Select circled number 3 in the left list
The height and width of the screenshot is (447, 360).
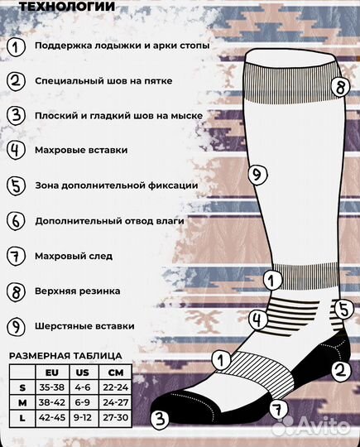17,116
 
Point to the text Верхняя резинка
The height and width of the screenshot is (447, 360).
78,291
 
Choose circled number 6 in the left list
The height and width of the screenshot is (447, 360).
17,221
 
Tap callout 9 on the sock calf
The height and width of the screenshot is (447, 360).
257,174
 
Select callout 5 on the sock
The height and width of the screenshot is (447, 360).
343,309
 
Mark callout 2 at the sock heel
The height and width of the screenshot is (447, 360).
338,371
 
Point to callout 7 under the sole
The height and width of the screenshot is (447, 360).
278,407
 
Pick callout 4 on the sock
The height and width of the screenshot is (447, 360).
258,317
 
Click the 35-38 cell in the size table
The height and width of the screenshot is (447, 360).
54,387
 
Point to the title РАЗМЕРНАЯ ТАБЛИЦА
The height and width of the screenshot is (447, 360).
65,356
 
